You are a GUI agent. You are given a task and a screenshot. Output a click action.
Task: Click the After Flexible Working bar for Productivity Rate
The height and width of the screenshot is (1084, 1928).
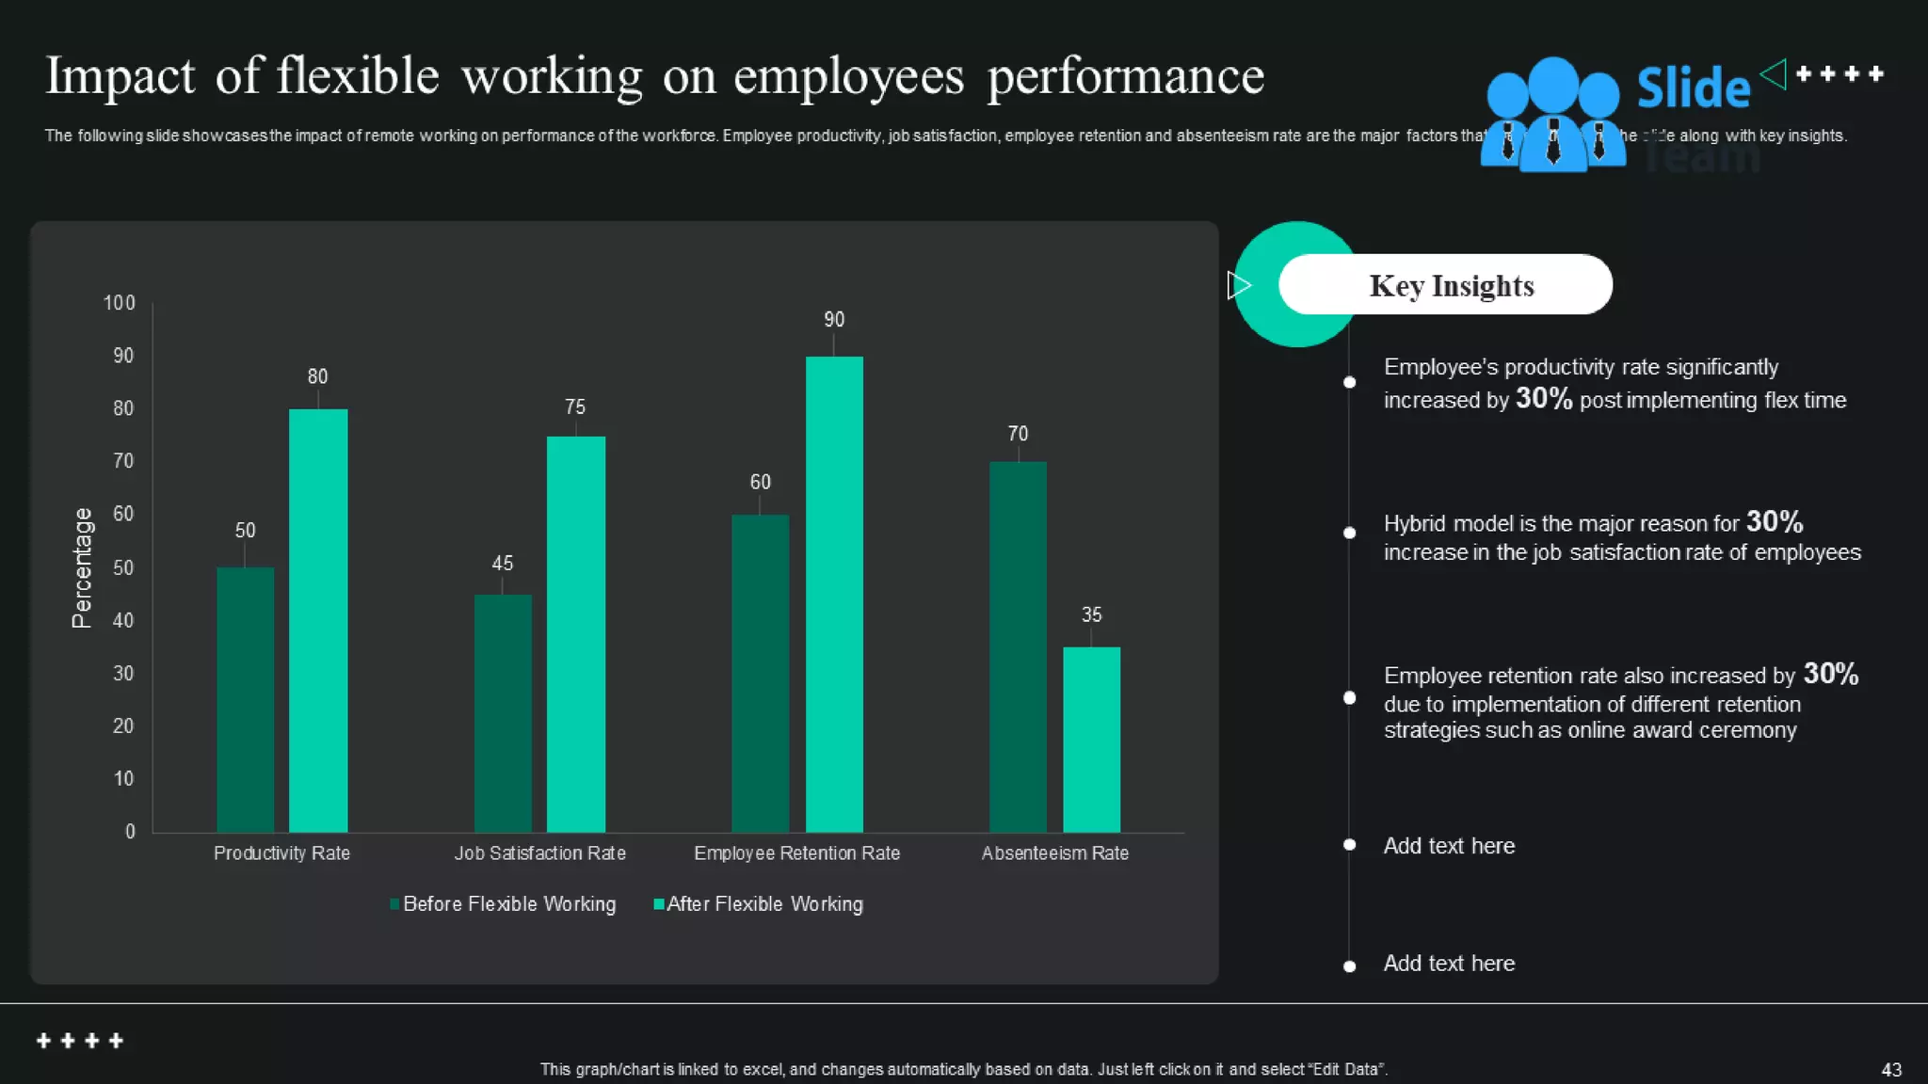(x=318, y=621)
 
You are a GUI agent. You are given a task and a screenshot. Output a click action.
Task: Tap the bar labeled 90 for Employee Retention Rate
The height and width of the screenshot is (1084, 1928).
(x=834, y=593)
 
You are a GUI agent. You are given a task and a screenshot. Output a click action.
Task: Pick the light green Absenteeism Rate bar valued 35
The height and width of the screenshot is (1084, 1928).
(x=1091, y=740)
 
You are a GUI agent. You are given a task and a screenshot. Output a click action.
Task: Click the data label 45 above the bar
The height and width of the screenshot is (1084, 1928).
(x=503, y=563)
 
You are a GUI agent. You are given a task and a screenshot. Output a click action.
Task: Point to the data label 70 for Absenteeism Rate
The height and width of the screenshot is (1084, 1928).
(x=1018, y=434)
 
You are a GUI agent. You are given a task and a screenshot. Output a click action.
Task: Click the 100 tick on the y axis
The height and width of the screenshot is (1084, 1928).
(x=120, y=303)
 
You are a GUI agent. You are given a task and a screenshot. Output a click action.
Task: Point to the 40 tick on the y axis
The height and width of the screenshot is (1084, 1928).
(x=123, y=620)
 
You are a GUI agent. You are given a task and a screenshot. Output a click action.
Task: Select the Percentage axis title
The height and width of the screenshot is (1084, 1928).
(x=82, y=567)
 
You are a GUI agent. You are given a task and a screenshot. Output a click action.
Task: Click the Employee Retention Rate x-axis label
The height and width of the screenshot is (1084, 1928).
(x=796, y=853)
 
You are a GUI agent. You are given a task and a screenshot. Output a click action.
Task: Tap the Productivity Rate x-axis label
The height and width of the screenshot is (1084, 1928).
(x=281, y=853)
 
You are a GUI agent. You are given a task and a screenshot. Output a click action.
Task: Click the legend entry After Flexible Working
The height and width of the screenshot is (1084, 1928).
(x=763, y=903)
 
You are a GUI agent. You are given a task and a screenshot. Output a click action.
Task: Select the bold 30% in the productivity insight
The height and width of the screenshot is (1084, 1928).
(x=1543, y=398)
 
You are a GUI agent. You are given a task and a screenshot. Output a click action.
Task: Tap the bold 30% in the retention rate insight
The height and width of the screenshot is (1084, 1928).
(x=1830, y=673)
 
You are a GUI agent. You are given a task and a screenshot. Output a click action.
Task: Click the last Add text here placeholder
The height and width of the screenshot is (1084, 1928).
(x=1448, y=963)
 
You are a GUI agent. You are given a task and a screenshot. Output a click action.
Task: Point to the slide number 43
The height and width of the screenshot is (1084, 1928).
(x=1890, y=1069)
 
